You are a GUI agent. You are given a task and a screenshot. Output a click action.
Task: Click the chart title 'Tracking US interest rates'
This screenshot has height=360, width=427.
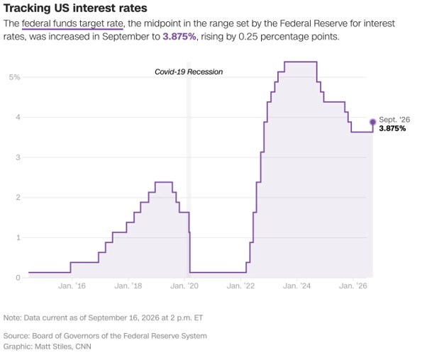click(75, 9)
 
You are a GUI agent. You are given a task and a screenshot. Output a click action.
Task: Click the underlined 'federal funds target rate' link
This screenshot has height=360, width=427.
click(72, 23)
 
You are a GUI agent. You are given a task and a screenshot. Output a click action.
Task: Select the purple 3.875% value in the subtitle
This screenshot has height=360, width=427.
click(179, 36)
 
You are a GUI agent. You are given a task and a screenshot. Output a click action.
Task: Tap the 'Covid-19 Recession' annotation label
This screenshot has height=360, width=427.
click(189, 72)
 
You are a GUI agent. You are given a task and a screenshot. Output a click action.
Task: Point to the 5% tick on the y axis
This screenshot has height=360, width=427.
click(15, 77)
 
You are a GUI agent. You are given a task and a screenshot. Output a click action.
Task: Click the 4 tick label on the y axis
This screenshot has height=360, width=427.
click(18, 117)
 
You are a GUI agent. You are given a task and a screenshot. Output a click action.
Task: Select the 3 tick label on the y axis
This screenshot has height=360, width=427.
click(18, 157)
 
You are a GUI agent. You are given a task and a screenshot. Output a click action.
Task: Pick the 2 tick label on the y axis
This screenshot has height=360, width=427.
click(18, 197)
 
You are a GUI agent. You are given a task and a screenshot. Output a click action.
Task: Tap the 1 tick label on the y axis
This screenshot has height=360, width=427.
click(18, 237)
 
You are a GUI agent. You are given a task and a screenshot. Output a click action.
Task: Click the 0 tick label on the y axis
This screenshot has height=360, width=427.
click(18, 278)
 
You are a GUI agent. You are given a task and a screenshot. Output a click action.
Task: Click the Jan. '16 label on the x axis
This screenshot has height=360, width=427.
click(72, 286)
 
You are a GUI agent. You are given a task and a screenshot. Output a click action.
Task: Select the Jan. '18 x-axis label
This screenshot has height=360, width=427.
click(128, 286)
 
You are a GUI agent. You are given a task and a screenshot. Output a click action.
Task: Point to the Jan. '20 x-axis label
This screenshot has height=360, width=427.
click(184, 286)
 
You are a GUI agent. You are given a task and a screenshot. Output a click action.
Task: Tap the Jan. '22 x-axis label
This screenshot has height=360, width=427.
click(240, 286)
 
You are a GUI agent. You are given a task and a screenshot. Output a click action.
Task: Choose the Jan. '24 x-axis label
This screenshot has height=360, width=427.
click(296, 286)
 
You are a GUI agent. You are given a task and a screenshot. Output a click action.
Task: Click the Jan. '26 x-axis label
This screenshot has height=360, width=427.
click(353, 286)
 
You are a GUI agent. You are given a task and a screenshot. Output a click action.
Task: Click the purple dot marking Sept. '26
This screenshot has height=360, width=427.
click(373, 122)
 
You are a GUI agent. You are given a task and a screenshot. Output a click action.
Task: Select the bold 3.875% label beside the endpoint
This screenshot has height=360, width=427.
click(392, 128)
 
